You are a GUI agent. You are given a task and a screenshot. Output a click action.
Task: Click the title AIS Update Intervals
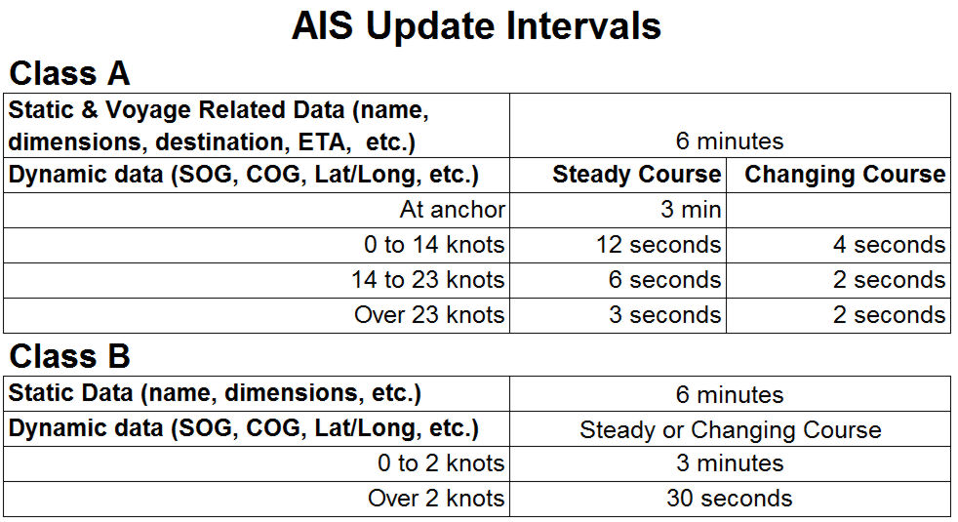[x=476, y=25]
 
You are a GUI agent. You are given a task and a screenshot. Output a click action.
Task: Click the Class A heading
[x=69, y=73]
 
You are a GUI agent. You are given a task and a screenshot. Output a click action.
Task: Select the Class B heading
[x=69, y=356]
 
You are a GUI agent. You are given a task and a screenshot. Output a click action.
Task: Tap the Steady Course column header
[x=637, y=175]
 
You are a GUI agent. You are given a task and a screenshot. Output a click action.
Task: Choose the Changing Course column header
[x=845, y=175]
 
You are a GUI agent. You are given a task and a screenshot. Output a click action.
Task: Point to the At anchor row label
[x=453, y=210]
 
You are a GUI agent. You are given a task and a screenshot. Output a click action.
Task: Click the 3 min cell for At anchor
[x=691, y=210]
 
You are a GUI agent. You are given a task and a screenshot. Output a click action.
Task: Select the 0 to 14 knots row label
[x=434, y=245]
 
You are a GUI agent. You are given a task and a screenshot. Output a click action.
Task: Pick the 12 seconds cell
[x=659, y=245]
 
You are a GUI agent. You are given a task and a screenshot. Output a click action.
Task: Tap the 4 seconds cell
[x=890, y=245]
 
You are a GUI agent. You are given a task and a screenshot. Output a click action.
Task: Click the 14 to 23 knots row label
[x=427, y=280]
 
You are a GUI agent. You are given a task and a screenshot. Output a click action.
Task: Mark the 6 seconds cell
[x=664, y=280]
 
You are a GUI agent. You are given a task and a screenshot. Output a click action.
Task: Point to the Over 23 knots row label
[x=429, y=315]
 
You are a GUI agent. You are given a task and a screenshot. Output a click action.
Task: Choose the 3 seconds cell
[x=664, y=315]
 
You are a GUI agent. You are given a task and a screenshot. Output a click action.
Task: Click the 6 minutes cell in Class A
[x=730, y=141]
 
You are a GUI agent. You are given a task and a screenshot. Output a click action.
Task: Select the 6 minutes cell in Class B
[x=730, y=395]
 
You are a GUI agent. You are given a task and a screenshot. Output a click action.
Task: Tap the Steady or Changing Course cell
[x=731, y=430]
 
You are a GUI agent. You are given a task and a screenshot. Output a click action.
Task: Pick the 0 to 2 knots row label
[x=441, y=463]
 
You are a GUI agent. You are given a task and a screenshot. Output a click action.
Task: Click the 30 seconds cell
[x=730, y=499]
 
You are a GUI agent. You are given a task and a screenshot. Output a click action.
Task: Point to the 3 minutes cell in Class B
[x=730, y=463]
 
